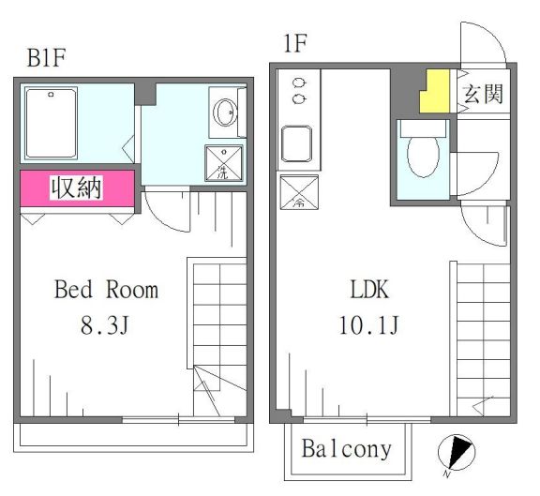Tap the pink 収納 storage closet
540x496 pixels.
click(78, 188)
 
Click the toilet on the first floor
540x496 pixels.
click(422, 151)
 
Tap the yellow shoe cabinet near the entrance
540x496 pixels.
click(434, 91)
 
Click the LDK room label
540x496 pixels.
click(370, 289)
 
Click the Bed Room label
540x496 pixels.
click(105, 289)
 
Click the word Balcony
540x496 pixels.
click(346, 449)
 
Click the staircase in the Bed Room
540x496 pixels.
click(218, 328)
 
